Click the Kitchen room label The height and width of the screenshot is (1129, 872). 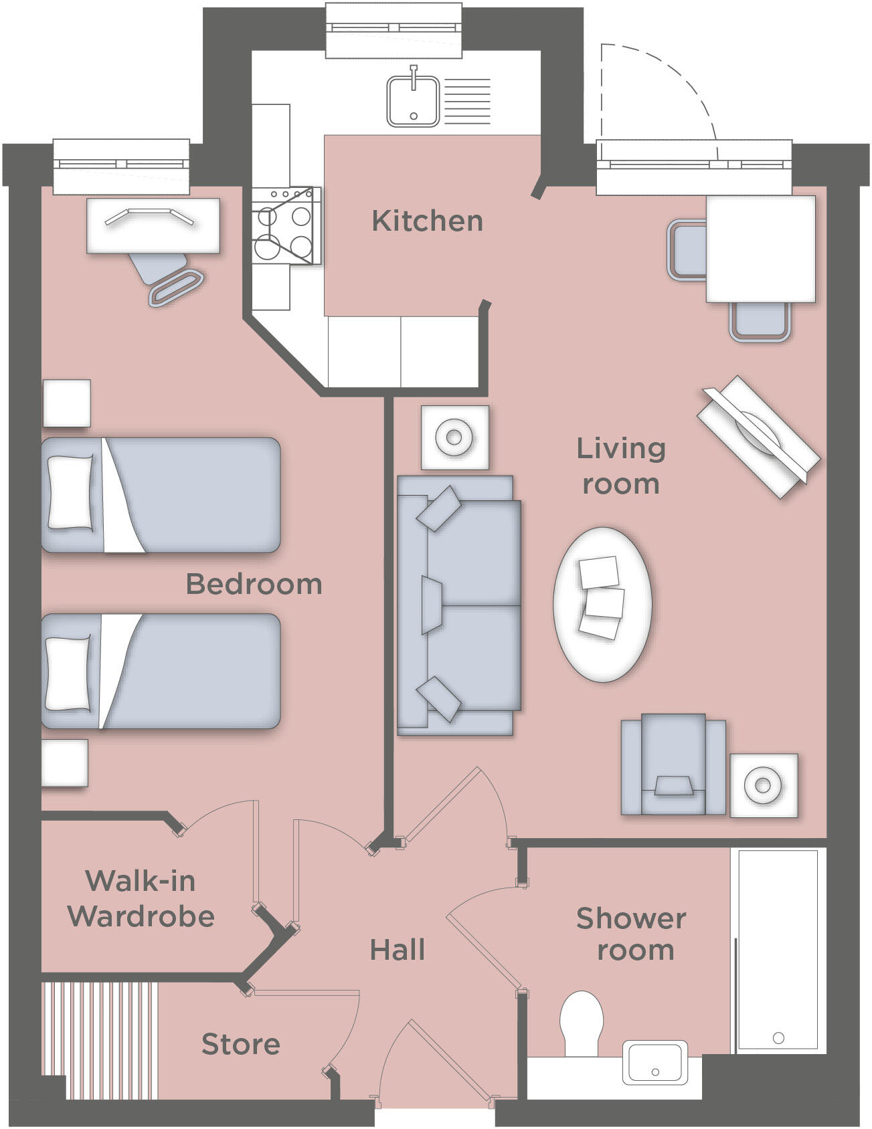(x=427, y=221)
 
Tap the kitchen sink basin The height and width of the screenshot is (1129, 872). (x=413, y=102)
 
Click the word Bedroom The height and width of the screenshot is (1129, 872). (x=254, y=584)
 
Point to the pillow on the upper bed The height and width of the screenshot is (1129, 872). (x=71, y=493)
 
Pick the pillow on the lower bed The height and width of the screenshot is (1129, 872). (x=67, y=673)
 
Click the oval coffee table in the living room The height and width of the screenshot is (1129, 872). (x=602, y=604)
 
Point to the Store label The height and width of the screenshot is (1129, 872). (x=240, y=1044)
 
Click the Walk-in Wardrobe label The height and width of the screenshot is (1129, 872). (x=141, y=898)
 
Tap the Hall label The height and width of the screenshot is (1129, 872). (x=397, y=950)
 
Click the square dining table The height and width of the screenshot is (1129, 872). (x=761, y=249)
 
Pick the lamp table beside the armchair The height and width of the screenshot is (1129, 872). (x=763, y=785)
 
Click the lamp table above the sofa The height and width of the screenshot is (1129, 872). (x=454, y=437)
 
